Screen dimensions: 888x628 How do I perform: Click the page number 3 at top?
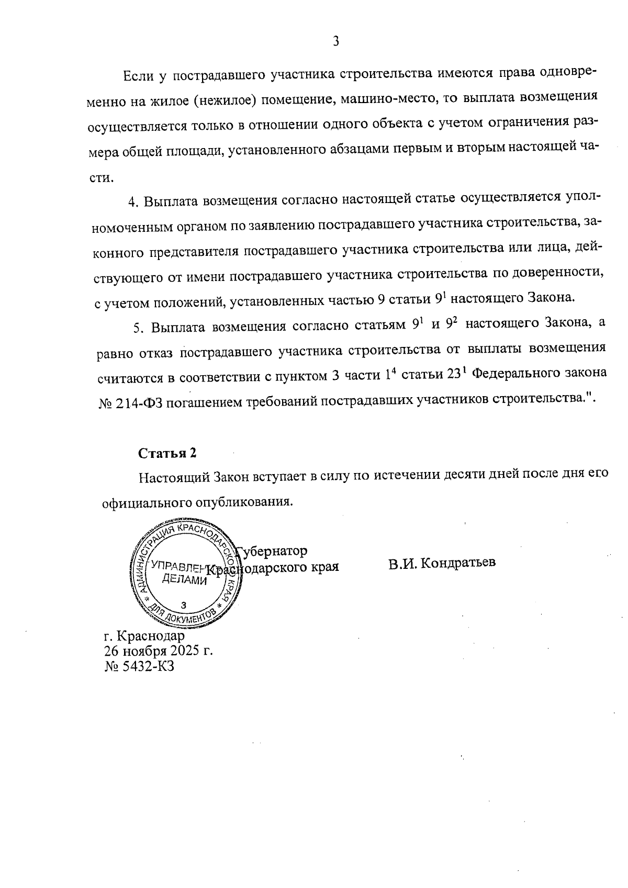336,41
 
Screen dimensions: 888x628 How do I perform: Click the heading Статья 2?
167,453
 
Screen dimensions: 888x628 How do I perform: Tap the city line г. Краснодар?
144,636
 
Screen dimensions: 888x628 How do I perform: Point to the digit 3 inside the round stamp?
183,604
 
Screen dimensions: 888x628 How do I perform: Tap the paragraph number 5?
138,328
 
